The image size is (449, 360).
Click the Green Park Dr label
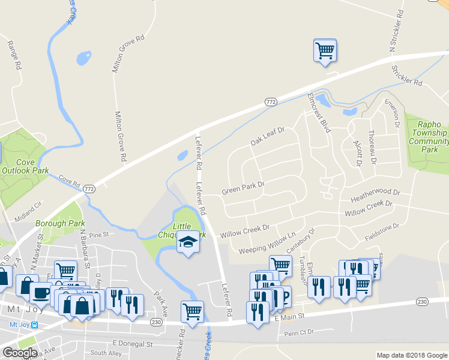tap(243, 188)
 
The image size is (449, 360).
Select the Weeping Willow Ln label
tap(267, 242)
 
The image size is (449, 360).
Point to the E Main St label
tap(290, 316)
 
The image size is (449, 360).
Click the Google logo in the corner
tap(19, 353)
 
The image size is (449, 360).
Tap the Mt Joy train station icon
tap(34, 325)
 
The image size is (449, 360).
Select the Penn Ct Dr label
tap(300, 334)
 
